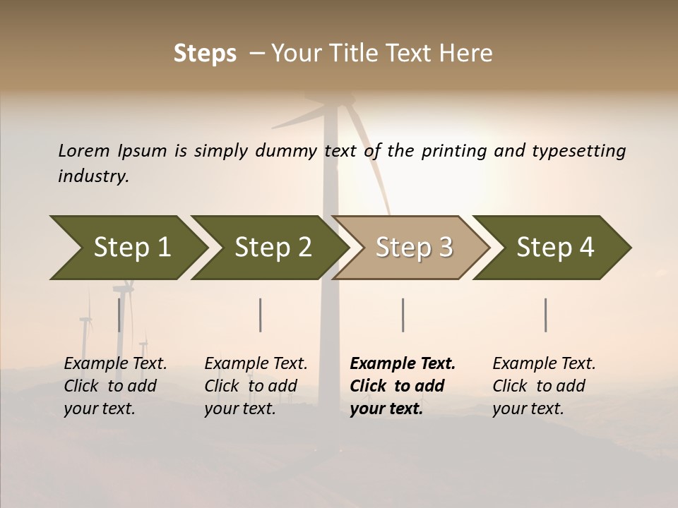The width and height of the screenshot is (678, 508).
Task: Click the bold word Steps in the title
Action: click(x=205, y=54)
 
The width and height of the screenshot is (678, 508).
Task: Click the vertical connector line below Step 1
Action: click(x=119, y=315)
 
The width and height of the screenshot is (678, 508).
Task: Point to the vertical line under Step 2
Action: click(x=261, y=315)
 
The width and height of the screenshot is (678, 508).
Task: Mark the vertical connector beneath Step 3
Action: click(x=403, y=315)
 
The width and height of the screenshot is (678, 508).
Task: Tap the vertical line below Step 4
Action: click(x=546, y=315)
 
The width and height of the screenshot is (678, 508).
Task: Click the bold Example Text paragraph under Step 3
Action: click(x=402, y=386)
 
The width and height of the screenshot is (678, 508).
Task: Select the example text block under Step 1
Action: click(x=115, y=386)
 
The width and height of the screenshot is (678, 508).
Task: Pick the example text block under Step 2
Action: click(x=256, y=386)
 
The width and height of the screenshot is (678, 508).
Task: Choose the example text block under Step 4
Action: click(x=544, y=386)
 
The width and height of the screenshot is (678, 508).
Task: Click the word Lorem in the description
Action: click(x=84, y=150)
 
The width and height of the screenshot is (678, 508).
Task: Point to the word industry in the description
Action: click(x=93, y=176)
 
